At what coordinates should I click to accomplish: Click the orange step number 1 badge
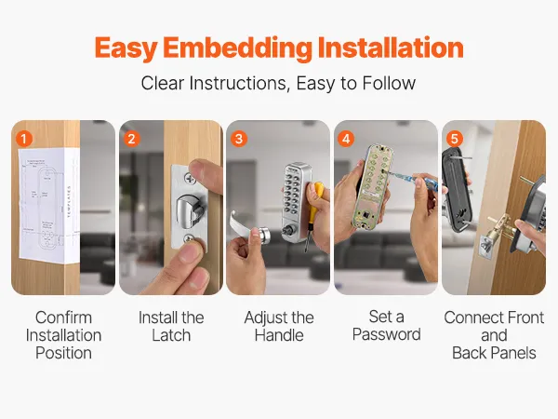(x=24, y=139)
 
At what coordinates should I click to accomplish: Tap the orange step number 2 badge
(x=131, y=139)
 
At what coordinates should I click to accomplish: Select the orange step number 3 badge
(x=239, y=139)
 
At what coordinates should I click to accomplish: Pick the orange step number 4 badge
(x=346, y=139)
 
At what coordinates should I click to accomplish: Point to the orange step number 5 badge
(x=454, y=139)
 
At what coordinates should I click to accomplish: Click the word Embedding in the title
(x=237, y=48)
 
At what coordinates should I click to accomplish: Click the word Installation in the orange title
(x=391, y=47)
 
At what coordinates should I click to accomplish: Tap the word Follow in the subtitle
(x=389, y=83)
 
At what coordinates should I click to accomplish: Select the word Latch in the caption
(x=171, y=335)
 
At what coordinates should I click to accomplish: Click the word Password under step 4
(x=387, y=334)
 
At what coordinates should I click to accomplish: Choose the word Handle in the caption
(x=279, y=335)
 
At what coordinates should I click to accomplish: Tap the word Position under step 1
(x=63, y=353)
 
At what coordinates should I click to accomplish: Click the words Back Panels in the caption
(x=494, y=353)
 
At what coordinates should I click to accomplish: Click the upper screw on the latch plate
(x=190, y=178)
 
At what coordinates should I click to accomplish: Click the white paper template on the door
(x=48, y=204)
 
